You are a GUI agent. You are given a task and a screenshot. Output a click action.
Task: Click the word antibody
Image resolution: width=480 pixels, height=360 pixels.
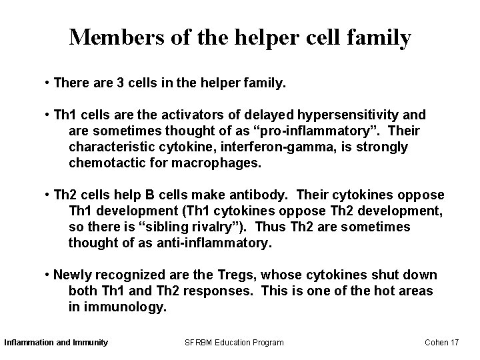coord(266,195)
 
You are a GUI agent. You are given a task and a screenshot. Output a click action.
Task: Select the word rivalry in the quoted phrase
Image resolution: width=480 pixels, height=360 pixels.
coord(217,227)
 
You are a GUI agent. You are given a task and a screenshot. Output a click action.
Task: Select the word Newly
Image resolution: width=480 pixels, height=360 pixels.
coord(73,275)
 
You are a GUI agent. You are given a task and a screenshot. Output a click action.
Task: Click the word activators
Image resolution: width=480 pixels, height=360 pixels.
coord(191,115)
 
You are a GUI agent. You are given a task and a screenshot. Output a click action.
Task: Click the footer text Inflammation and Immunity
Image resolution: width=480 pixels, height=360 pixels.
coord(56,342)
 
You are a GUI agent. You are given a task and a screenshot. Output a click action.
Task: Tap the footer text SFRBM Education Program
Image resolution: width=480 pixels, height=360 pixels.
coord(233,342)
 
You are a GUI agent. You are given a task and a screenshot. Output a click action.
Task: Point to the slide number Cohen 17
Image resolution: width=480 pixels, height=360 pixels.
coord(442,342)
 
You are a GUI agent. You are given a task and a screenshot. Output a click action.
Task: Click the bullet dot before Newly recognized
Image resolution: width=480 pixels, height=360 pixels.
coord(47,275)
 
